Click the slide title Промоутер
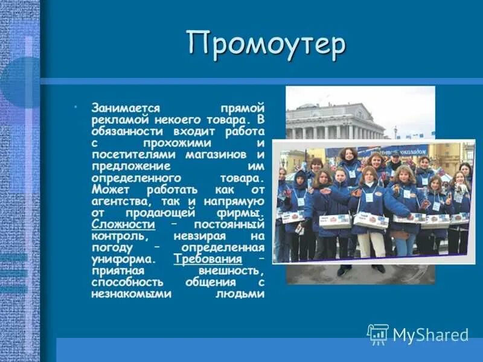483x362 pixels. tap(266, 45)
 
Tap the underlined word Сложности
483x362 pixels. tap(123, 224)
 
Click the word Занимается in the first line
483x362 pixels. tap(126, 109)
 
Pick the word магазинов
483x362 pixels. tap(216, 155)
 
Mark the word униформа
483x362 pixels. tap(120, 259)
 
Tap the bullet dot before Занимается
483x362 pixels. tap(76, 107)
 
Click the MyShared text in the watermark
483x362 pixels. tap(430, 335)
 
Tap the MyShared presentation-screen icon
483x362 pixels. tap(377, 334)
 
